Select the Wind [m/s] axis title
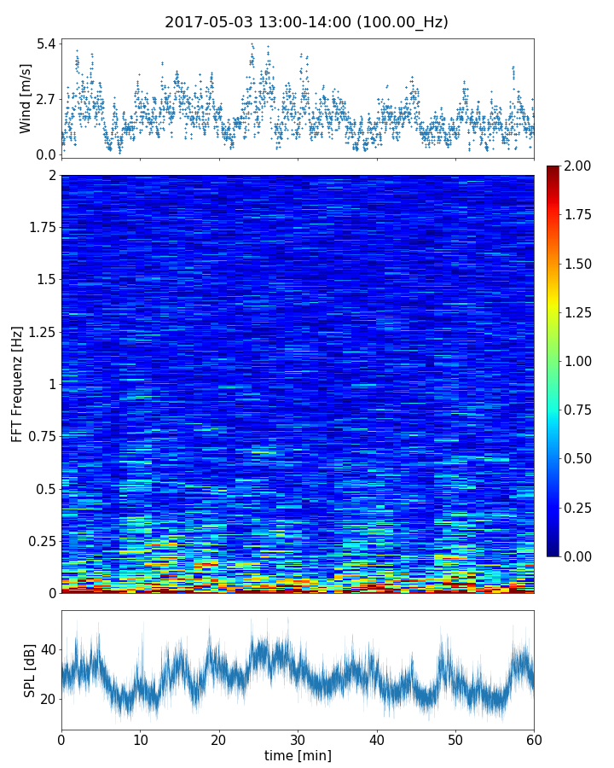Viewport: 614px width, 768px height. coord(26,98)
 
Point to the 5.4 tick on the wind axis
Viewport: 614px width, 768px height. coord(45,44)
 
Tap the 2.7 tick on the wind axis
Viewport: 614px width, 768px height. coord(45,99)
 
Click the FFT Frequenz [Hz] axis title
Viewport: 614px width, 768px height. coord(17,383)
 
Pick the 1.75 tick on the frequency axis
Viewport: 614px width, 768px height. coord(39,228)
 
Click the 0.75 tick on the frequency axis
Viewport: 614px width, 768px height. coord(39,437)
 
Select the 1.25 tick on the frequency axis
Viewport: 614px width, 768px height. coord(39,332)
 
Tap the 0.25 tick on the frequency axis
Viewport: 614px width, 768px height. coord(39,541)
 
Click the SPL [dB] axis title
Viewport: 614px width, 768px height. coord(30,670)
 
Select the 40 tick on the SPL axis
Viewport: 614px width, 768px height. coord(47,649)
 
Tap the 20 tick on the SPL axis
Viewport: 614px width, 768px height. coord(47,699)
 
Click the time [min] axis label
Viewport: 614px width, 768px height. coord(298,755)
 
